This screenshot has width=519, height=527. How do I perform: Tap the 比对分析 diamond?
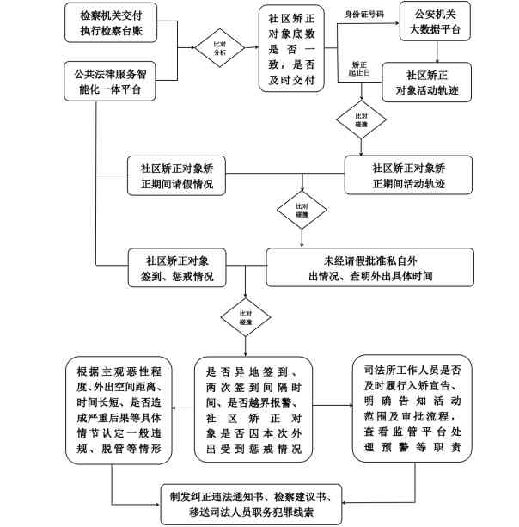click(x=214, y=46)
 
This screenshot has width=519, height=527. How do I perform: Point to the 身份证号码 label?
click(x=363, y=13)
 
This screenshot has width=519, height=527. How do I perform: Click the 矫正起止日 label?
click(x=360, y=70)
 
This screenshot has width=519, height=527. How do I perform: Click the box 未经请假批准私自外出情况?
click(x=369, y=267)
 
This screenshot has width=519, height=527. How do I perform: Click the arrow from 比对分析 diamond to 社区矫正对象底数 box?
click(x=247, y=46)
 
